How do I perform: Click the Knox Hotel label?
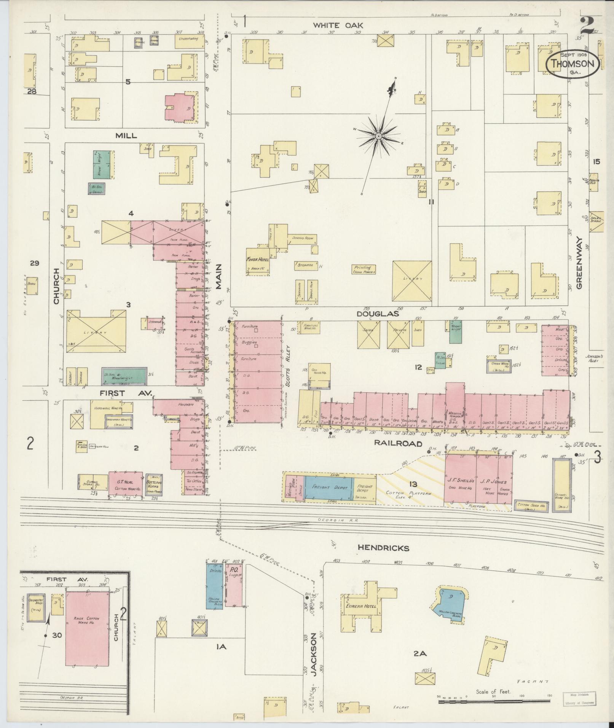258,259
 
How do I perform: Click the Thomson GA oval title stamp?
573,64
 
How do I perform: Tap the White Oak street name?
338,25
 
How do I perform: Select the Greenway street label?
579,263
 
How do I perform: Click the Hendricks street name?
383,548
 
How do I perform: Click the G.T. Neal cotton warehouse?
126,483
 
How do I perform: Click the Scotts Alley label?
288,366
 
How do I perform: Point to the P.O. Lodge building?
233,592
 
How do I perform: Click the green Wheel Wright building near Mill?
103,165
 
